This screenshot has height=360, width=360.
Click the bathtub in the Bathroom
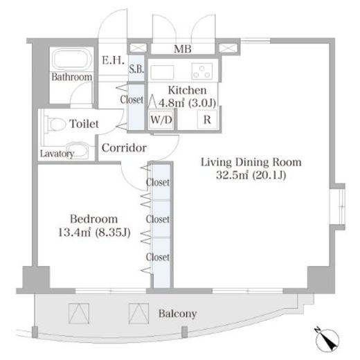[x=72, y=60]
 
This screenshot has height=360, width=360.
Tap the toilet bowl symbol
[x=55, y=124]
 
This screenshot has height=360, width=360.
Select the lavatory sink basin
[x=78, y=150]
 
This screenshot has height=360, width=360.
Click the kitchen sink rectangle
[x=162, y=72]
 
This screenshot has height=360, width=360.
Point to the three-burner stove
[x=202, y=71]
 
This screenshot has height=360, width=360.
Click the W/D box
[x=161, y=120]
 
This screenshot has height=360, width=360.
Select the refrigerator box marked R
[x=207, y=119]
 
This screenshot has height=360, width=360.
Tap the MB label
[x=183, y=49]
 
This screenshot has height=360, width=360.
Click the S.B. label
[x=136, y=69]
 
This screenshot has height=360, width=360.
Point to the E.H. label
[x=113, y=60]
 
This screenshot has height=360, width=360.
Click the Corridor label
[x=124, y=148]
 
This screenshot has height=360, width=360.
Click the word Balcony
[x=177, y=314]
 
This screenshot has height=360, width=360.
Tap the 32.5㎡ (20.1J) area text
[x=251, y=175]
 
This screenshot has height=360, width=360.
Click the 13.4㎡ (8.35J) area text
[x=94, y=232]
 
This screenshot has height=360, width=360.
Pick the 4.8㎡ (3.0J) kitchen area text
[x=187, y=102]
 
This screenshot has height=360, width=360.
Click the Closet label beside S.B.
[x=132, y=100]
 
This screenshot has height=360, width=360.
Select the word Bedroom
[x=94, y=219]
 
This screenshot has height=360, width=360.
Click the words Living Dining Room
[x=251, y=163]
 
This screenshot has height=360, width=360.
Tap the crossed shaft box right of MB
[x=228, y=48]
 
